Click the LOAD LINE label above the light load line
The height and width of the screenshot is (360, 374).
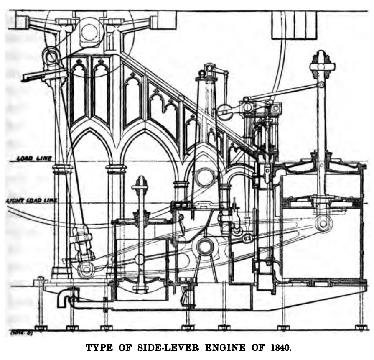click(x=34, y=159)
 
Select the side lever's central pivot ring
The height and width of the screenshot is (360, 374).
click(x=204, y=247)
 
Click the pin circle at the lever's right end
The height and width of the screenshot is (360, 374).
click(x=323, y=224)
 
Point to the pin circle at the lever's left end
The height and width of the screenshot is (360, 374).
click(x=86, y=269)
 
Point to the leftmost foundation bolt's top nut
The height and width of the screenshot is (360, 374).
click(x=40, y=278)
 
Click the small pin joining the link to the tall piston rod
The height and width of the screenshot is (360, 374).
click(x=321, y=85)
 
